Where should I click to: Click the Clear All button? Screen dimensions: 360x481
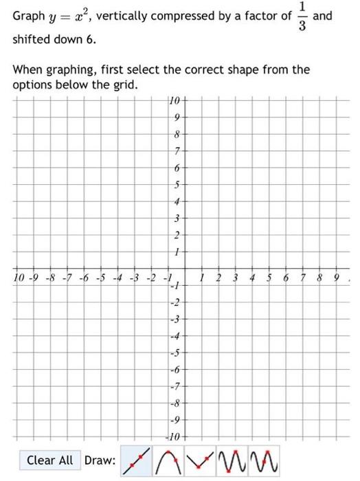pos(49,460)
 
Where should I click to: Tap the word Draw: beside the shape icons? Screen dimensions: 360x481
pos(99,460)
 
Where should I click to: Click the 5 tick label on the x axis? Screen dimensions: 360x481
pos(269,279)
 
